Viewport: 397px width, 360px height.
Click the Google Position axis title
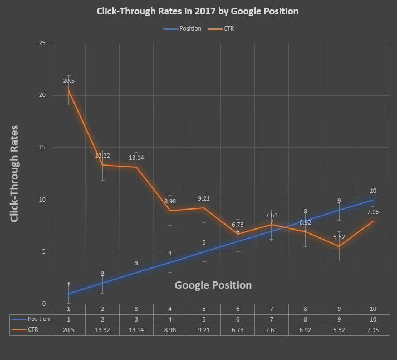point(213,285)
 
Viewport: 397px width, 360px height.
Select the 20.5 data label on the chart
point(68,81)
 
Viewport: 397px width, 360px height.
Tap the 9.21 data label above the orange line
point(204,198)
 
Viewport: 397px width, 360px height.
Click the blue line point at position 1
point(68,294)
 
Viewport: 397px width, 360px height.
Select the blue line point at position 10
point(373,200)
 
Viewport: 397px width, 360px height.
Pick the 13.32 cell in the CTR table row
point(102,330)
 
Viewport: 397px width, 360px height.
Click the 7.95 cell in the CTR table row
point(373,330)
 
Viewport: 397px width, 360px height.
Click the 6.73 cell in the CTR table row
point(238,330)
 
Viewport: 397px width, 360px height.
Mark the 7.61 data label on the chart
point(272,215)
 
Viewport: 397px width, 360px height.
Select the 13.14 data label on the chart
point(136,158)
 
